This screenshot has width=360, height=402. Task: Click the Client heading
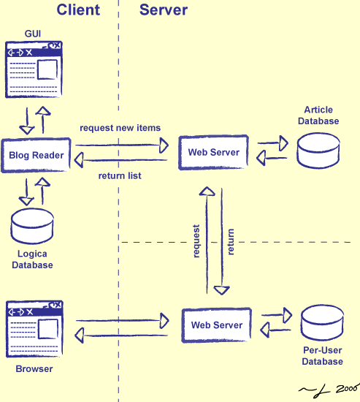78,10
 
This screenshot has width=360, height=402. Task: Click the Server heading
164,10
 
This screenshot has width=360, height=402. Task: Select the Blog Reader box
36,155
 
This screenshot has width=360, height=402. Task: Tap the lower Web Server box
216,325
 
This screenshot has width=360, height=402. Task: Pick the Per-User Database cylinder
323,326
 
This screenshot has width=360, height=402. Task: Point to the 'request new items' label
120,128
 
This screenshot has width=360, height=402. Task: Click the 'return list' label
120,176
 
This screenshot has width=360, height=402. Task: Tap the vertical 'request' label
196,240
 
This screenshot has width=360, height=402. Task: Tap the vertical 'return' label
231,241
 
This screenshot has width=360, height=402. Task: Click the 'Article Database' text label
321,115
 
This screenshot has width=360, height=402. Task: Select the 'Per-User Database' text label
323,356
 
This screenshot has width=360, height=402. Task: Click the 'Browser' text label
34,369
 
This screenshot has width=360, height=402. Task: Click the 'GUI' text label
34,34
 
